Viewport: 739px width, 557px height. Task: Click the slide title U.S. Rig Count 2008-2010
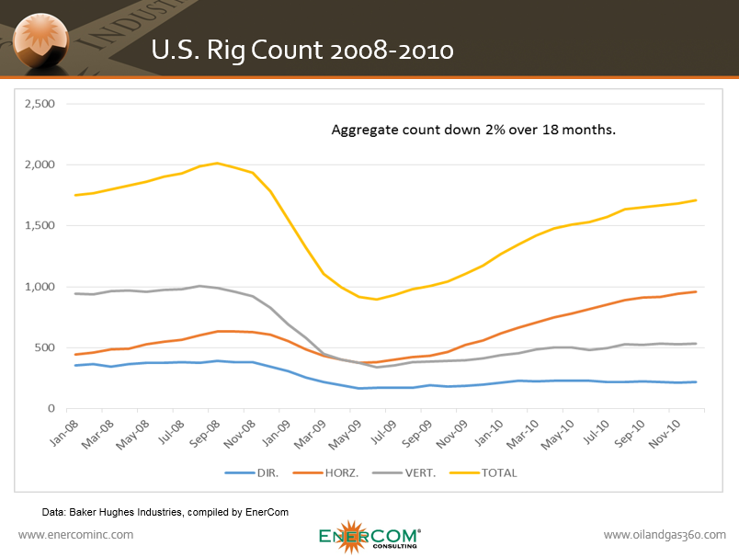tap(302, 51)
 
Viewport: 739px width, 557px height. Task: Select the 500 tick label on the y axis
tap(43, 347)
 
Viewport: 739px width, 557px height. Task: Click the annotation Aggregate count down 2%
tap(472, 130)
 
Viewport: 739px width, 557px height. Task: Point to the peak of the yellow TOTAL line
tap(217, 164)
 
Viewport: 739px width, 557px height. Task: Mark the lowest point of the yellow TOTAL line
tap(376, 299)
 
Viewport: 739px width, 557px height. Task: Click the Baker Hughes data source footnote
tap(166, 511)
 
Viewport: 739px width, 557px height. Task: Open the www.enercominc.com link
tap(76, 534)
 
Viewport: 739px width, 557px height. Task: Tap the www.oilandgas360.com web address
tap(665, 534)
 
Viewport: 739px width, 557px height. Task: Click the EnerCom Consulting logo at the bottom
tap(370, 536)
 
